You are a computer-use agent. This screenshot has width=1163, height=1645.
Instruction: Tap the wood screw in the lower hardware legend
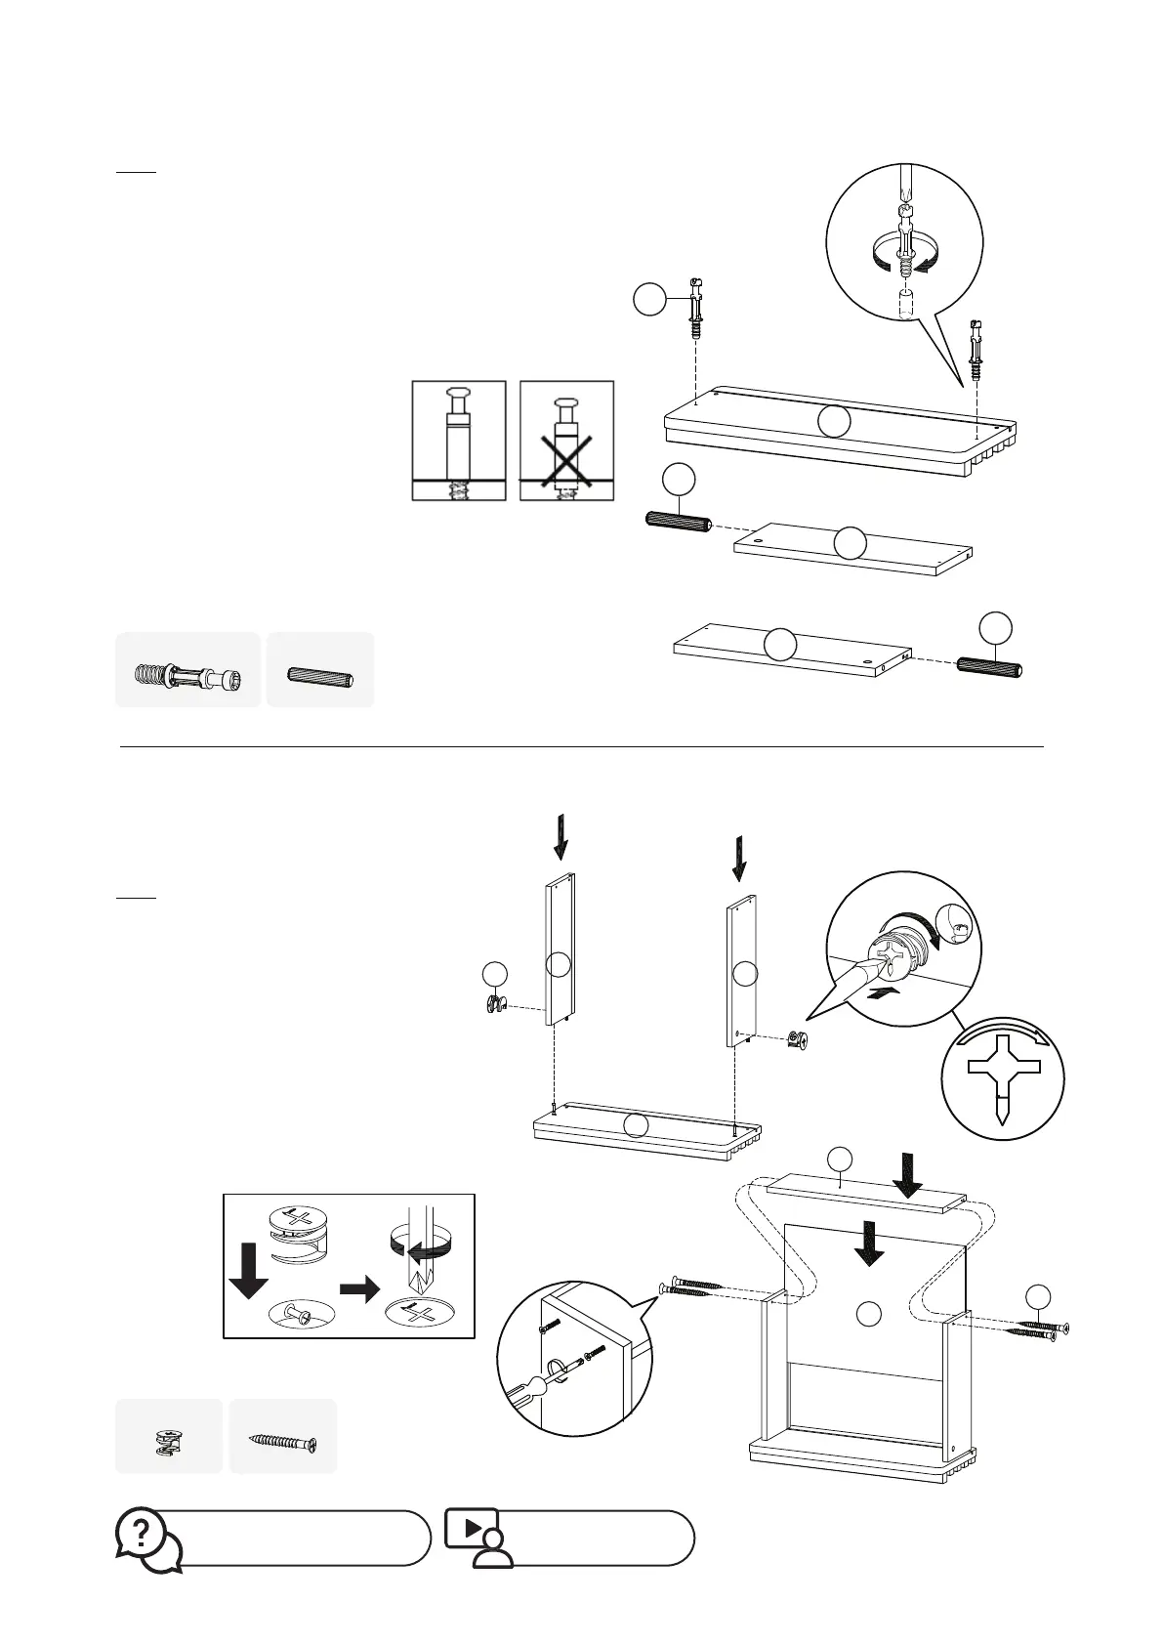click(283, 1440)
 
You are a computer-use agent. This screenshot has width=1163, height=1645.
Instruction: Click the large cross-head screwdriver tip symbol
click(1003, 1076)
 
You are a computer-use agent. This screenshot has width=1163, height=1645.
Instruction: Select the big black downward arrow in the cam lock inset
click(248, 1270)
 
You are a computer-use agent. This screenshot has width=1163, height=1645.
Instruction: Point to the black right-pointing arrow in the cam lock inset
click(360, 1290)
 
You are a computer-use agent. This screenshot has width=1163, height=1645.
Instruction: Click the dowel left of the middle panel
click(678, 522)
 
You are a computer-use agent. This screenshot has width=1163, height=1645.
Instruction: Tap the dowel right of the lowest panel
click(989, 667)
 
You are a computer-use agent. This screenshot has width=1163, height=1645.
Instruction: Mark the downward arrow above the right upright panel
click(739, 857)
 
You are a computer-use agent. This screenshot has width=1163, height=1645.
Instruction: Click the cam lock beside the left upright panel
click(494, 1005)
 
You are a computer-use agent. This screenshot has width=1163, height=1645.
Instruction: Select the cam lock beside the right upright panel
click(799, 1042)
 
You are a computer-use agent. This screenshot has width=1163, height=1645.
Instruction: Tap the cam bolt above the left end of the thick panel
click(694, 308)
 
